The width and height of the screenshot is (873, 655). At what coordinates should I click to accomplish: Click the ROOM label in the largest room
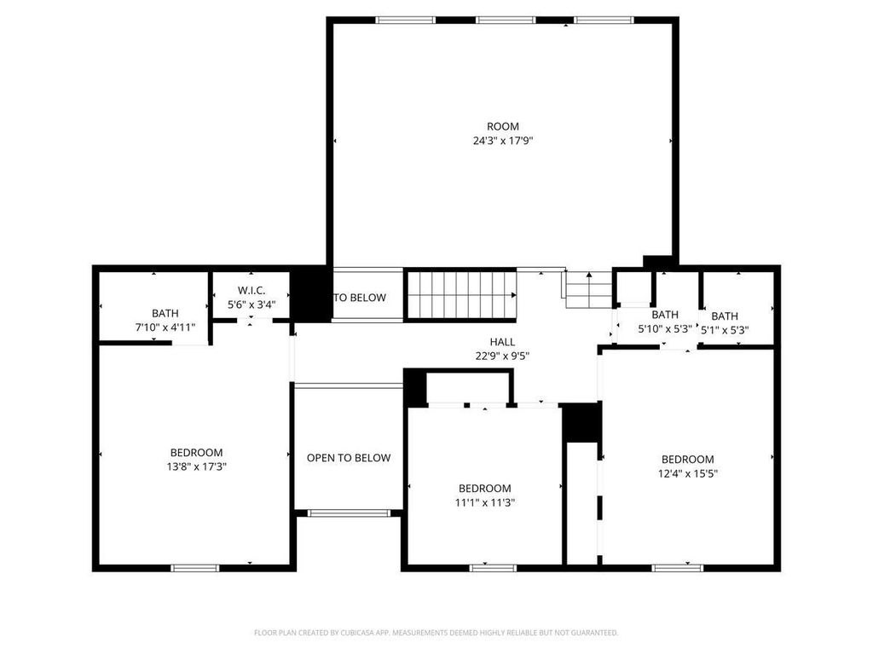(503, 126)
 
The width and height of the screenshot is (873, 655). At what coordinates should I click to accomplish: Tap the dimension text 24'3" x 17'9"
(503, 141)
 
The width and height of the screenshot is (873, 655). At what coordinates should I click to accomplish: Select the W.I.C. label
(251, 290)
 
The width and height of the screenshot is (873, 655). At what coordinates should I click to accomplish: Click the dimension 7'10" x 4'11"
(165, 327)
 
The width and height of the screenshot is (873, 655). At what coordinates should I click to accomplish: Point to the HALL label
(502, 342)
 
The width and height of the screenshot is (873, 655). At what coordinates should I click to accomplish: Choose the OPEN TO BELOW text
(349, 458)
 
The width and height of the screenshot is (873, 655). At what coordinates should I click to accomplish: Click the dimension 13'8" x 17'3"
(197, 467)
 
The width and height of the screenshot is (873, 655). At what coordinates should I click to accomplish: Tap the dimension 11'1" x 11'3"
(485, 502)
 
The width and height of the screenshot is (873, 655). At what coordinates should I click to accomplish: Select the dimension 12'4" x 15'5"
(688, 473)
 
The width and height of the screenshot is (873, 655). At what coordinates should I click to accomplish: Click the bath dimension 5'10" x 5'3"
(665, 329)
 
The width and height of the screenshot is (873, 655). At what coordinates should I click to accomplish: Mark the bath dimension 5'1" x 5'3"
(725, 330)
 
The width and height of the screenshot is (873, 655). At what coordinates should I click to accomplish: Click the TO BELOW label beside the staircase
(360, 298)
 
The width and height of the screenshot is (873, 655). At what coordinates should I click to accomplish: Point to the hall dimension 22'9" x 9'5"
(502, 356)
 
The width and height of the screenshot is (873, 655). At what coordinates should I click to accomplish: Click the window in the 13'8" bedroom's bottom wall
(195, 568)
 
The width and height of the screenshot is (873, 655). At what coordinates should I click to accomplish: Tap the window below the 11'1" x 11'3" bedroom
(493, 568)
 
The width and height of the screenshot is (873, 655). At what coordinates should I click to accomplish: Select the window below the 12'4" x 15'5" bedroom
(678, 568)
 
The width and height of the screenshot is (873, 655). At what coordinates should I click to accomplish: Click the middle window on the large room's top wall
(506, 20)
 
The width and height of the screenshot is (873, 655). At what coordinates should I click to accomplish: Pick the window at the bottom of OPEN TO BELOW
(349, 513)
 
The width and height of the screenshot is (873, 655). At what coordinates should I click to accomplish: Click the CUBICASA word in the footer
(361, 633)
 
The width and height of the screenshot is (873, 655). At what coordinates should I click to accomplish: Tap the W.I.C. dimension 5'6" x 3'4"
(251, 304)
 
